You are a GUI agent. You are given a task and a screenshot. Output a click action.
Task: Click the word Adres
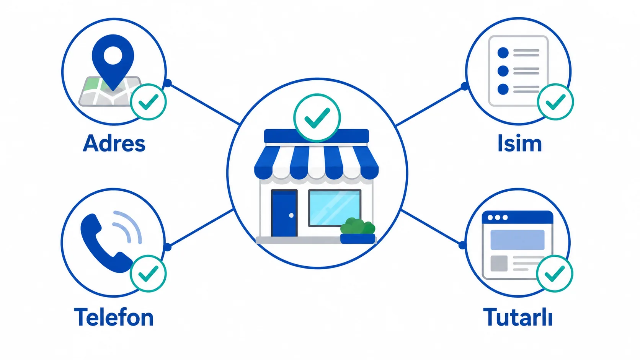(114, 143)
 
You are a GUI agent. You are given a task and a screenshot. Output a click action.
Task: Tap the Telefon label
(114, 317)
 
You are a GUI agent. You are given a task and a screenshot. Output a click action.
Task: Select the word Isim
(519, 143)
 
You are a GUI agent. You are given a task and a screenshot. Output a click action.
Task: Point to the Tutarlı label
(518, 317)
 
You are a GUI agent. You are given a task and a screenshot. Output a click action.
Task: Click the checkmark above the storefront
(317, 117)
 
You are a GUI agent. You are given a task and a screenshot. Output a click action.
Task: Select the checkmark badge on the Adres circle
(148, 102)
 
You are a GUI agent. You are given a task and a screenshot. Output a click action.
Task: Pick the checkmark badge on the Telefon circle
(148, 274)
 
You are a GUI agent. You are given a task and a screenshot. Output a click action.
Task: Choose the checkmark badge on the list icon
(555, 102)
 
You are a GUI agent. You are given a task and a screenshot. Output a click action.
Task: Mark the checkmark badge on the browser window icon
(555, 274)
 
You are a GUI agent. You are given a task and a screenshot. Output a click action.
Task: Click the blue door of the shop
(284, 213)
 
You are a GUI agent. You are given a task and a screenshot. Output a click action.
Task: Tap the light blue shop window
(335, 208)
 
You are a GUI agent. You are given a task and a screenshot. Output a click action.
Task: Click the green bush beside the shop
(358, 226)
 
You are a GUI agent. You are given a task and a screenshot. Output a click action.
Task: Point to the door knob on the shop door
(291, 215)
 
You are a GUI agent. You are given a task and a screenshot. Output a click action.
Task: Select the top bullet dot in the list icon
(503, 53)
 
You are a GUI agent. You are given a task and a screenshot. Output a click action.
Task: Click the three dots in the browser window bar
(498, 218)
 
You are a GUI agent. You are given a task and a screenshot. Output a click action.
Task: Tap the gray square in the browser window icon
(499, 263)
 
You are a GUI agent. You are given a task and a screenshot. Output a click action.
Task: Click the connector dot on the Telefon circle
(168, 247)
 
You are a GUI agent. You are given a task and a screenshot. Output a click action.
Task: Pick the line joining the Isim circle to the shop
(429, 106)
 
